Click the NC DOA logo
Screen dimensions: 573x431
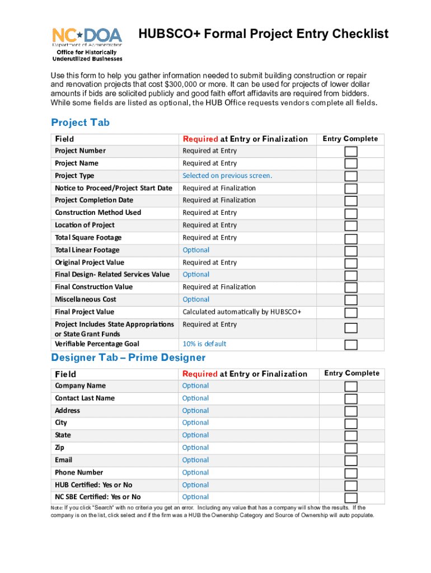[87, 43]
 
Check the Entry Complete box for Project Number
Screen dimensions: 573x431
[350, 152]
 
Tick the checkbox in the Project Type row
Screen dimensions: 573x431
[350, 176]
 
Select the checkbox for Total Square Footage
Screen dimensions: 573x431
[350, 238]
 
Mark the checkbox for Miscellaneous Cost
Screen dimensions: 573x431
[350, 300]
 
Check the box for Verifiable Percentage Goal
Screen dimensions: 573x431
[350, 344]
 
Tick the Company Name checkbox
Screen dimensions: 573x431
[350, 387]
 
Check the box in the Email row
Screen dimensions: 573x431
[350, 461]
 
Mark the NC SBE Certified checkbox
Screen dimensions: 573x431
[350, 497]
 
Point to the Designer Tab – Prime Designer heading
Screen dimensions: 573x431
[128, 358]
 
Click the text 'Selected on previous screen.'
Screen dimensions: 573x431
[227, 176]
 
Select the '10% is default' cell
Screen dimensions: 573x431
[204, 344]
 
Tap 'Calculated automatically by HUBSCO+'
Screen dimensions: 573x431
[242, 312]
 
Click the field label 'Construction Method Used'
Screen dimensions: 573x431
[98, 213]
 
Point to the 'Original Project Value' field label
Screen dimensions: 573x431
[90, 262]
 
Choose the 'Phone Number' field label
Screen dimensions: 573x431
[79, 472]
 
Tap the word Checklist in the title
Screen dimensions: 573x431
[356, 34]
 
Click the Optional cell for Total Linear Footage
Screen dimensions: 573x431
[196, 250]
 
